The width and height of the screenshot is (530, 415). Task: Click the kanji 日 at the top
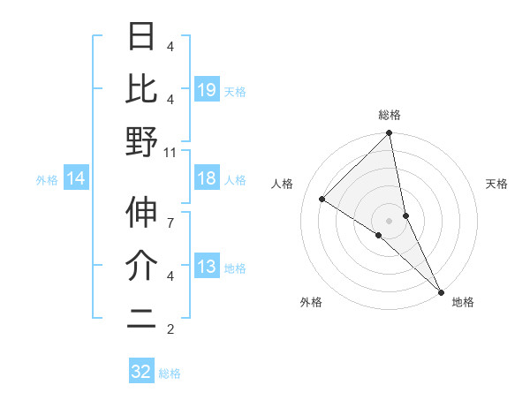[141, 39]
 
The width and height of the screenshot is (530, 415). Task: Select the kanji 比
[141, 90]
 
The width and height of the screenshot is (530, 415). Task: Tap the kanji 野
[141, 141]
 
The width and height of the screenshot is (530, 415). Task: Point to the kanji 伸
[141, 212]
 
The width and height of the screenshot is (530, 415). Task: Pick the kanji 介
[141, 265]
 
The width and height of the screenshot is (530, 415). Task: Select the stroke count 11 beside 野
[170, 153]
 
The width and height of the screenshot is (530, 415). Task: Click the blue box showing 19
[207, 89]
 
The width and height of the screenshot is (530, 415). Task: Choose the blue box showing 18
[207, 179]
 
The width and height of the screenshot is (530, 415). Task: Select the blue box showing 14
[76, 179]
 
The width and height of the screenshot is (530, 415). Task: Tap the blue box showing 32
[141, 372]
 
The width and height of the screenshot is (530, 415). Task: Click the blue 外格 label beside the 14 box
[47, 180]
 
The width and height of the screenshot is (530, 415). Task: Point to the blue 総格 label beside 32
[170, 373]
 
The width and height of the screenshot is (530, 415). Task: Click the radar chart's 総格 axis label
[390, 116]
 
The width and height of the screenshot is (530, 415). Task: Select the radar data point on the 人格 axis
[322, 200]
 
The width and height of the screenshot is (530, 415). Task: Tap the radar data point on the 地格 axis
[440, 290]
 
